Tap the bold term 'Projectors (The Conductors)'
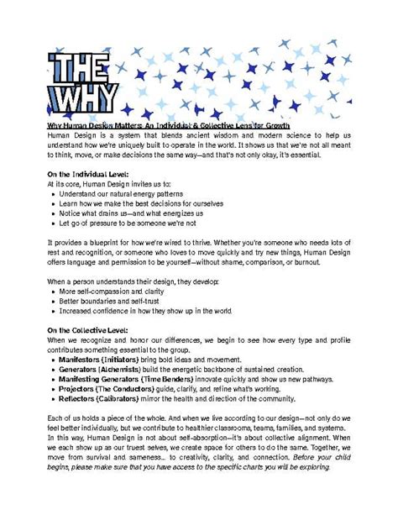(x=113, y=391)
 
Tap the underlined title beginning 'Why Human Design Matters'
(x=169, y=123)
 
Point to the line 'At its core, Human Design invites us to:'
(x=110, y=183)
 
